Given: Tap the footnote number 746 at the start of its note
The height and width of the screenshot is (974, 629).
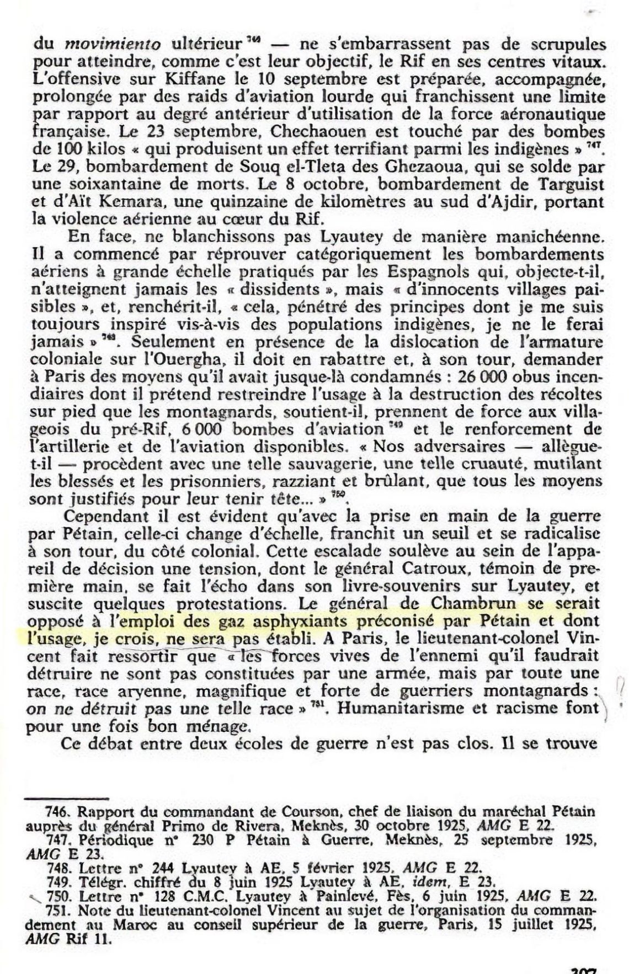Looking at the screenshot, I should point(57,812).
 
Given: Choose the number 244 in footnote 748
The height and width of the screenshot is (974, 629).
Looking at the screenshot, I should point(161,869).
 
